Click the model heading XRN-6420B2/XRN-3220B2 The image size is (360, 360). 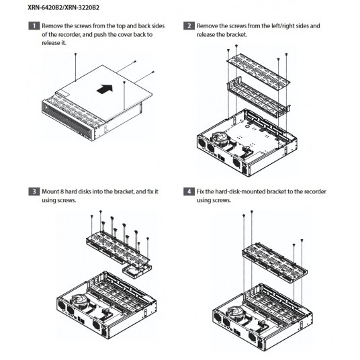(63, 7)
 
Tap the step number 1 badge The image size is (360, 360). (34, 26)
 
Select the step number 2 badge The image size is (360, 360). (189, 26)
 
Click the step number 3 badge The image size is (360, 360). (34, 191)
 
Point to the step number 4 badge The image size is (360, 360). (189, 191)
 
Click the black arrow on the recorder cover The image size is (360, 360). (105, 89)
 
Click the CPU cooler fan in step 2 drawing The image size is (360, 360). (219, 138)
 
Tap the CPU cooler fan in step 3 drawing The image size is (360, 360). (79, 302)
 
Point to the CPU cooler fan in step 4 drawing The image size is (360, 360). (235, 314)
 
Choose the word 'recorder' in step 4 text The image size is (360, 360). (315, 191)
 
